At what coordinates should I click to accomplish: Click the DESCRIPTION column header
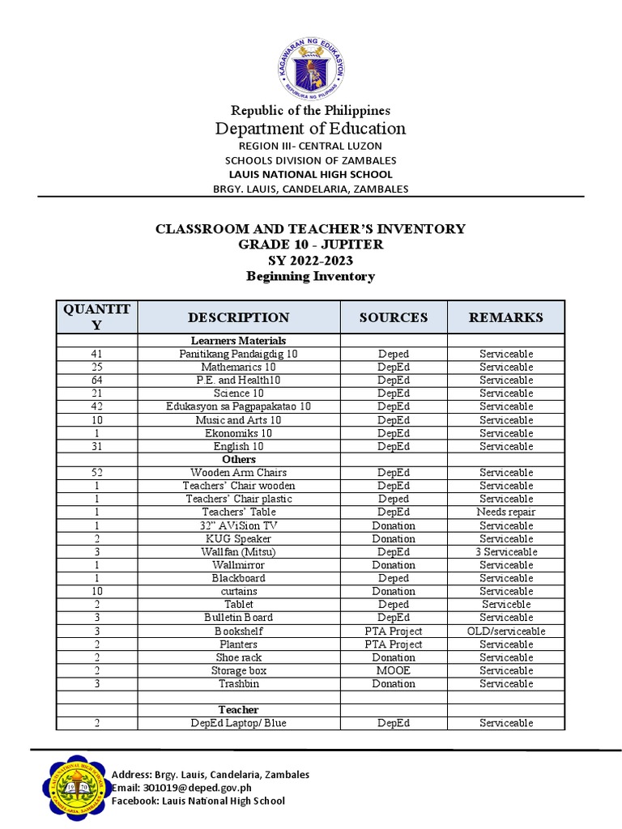click(x=238, y=317)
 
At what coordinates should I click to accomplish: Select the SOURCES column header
click(x=393, y=317)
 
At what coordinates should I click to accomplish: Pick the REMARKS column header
click(x=505, y=317)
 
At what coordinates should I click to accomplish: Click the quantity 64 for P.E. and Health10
click(x=96, y=380)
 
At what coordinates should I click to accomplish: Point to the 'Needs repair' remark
click(x=506, y=512)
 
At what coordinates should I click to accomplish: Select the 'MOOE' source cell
click(x=393, y=670)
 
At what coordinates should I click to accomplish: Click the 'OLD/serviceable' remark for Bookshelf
click(x=506, y=631)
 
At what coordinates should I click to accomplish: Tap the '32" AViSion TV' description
click(x=238, y=525)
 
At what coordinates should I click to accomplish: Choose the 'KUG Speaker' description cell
click(x=238, y=538)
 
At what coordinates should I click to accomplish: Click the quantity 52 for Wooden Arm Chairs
click(x=96, y=472)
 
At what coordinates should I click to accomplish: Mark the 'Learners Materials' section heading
click(x=238, y=341)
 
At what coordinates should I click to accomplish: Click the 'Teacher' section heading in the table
click(x=238, y=710)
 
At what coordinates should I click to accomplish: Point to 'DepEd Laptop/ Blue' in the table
click(x=238, y=723)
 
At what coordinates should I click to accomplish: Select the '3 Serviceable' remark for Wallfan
click(x=506, y=551)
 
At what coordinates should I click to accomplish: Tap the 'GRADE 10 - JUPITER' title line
click(x=310, y=244)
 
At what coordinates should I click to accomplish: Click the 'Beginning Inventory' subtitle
click(x=310, y=277)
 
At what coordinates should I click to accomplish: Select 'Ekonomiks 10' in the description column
click(x=238, y=433)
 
